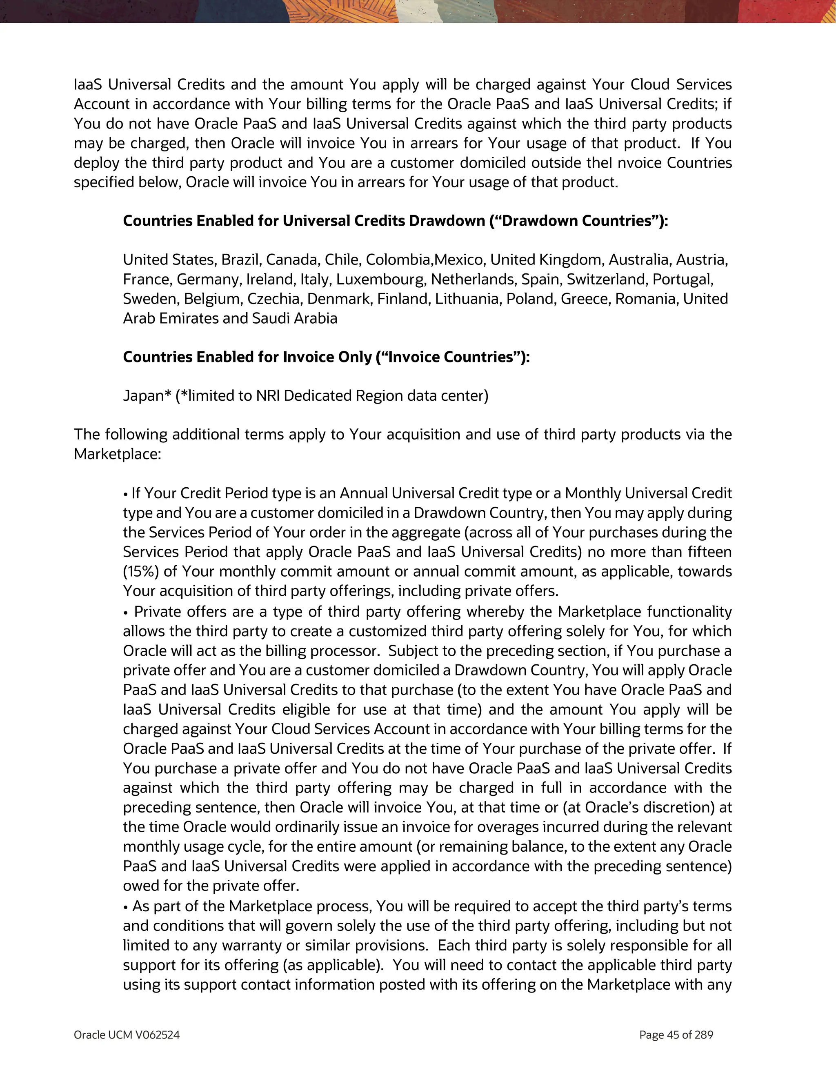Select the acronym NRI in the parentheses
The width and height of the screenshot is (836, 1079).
point(268,396)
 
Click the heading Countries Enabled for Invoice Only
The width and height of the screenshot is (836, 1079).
point(326,357)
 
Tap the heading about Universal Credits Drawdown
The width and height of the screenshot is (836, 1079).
point(395,221)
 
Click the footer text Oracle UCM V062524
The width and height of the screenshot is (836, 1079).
point(127,1035)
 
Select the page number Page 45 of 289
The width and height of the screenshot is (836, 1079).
point(676,1035)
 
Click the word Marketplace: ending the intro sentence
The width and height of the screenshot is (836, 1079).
point(118,454)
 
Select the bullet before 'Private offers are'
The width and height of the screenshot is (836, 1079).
point(127,613)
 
